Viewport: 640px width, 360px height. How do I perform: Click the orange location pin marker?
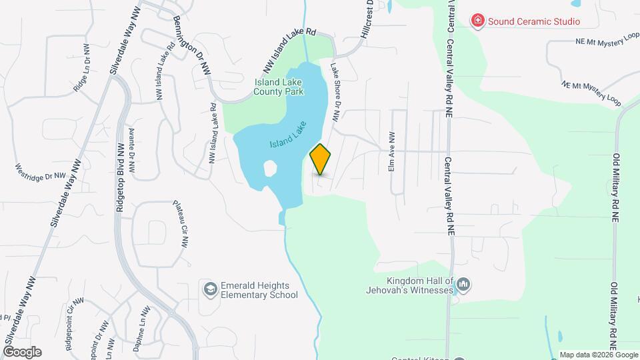tap(321, 159)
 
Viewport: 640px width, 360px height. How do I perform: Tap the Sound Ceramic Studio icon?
tap(477, 21)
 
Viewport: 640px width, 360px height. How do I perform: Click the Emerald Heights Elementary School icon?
tap(210, 289)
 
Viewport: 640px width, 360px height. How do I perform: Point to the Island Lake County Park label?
tap(279, 87)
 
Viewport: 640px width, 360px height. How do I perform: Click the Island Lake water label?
tap(288, 135)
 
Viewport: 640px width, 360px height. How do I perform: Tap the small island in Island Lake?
tap(270, 168)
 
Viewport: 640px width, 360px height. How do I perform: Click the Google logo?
tap(21, 351)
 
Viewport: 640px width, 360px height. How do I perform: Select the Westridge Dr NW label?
tap(41, 172)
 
